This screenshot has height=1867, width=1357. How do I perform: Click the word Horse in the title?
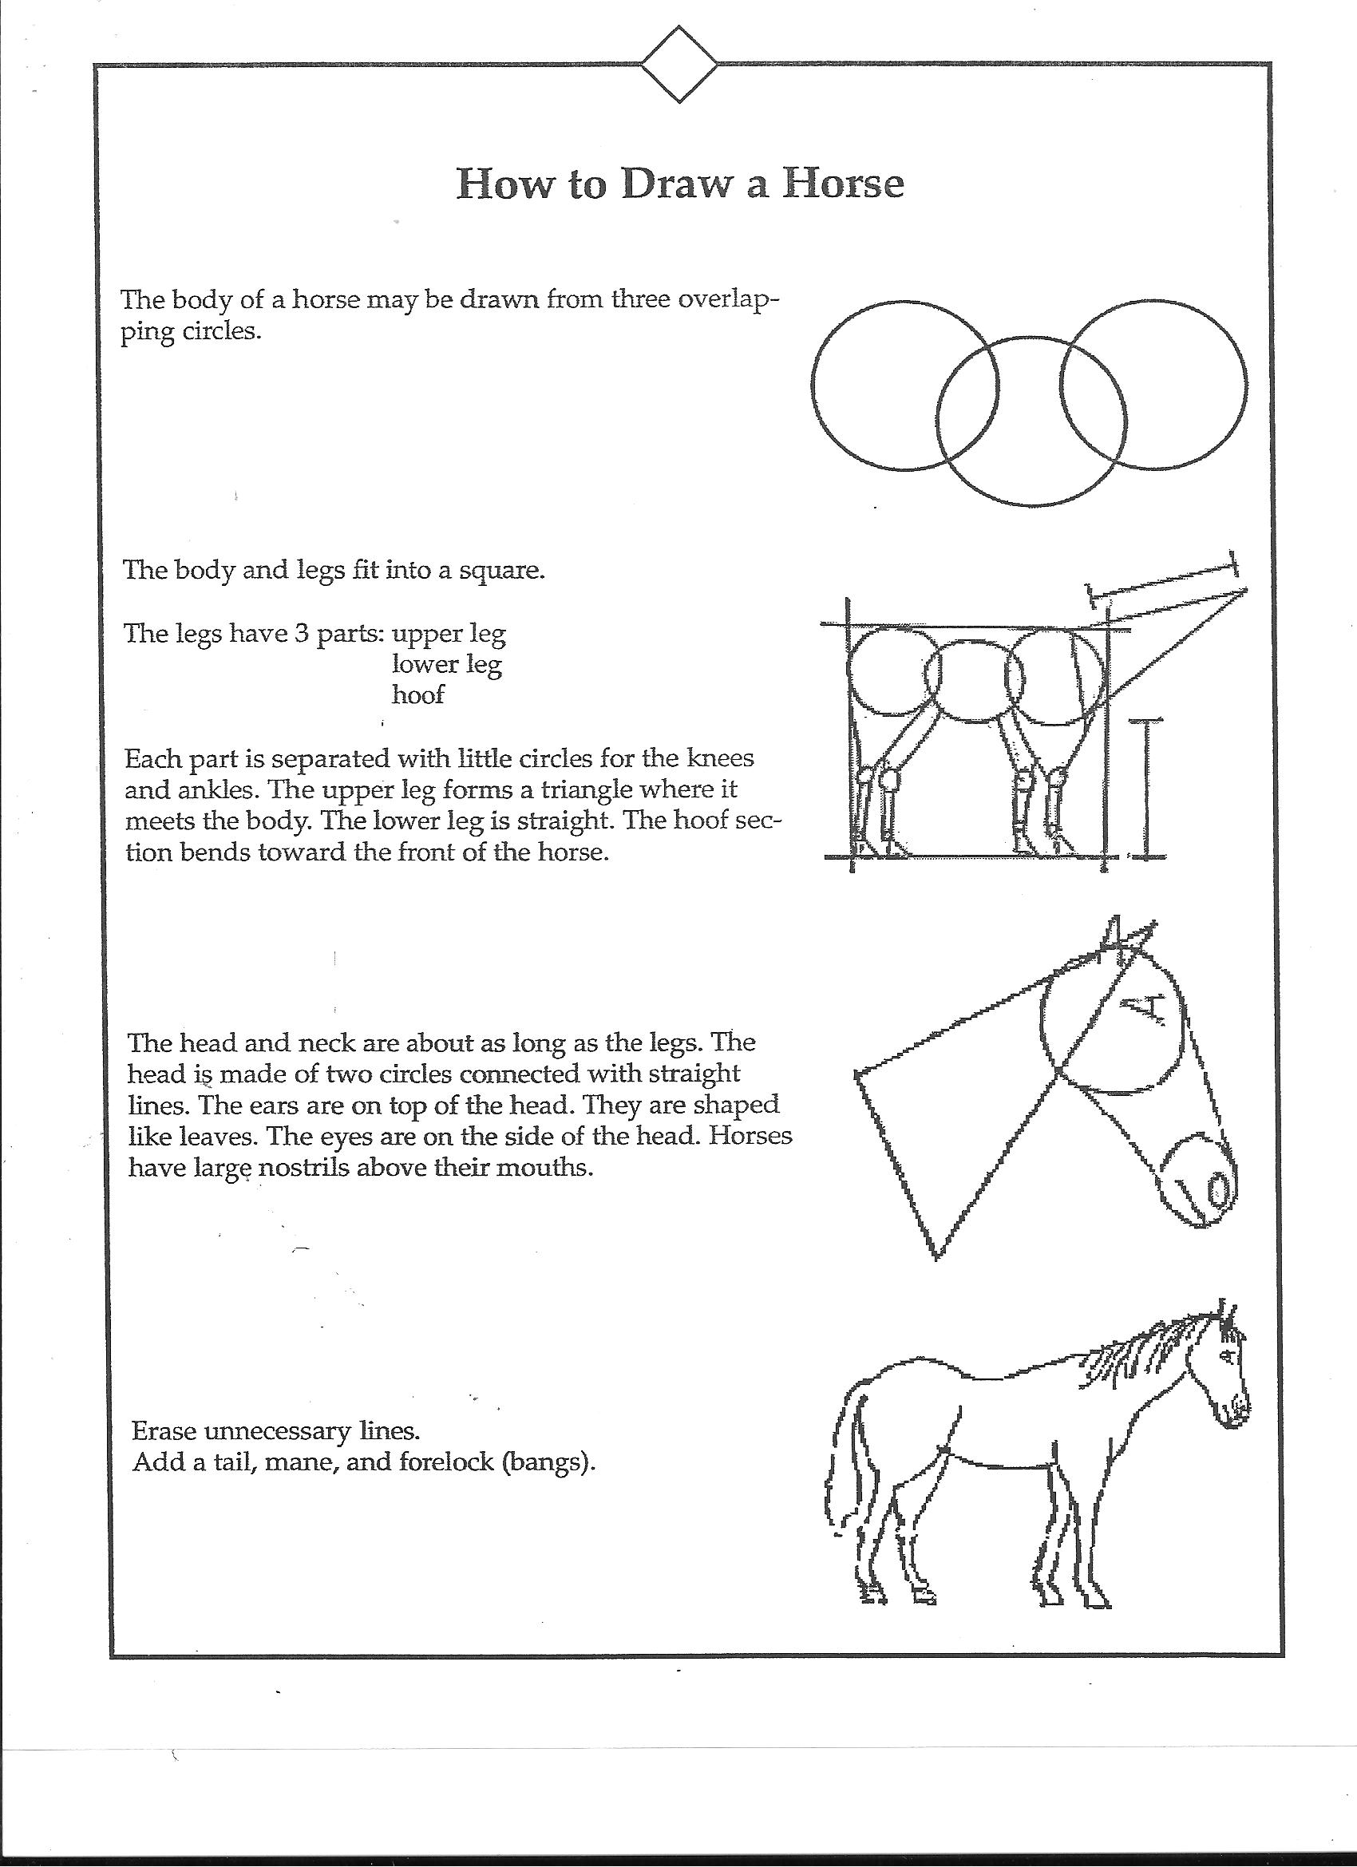[x=842, y=183]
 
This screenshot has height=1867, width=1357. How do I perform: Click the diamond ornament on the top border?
[x=678, y=64]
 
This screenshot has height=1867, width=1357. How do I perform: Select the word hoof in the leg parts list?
[x=417, y=694]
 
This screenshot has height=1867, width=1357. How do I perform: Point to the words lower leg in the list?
[x=446, y=664]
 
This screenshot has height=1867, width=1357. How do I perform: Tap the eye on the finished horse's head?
[x=1226, y=1354]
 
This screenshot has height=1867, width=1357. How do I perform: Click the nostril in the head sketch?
[x=1218, y=1189]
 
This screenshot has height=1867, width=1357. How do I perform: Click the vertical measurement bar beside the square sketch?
[x=1145, y=789]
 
